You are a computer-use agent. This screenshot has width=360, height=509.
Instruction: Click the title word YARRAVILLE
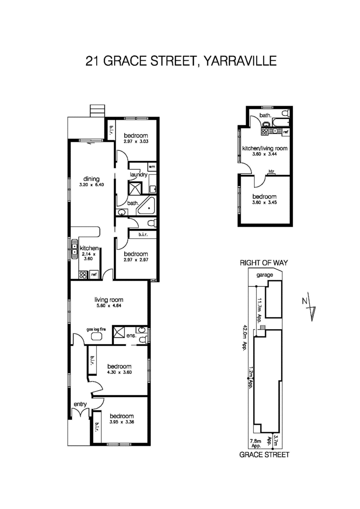click(240, 61)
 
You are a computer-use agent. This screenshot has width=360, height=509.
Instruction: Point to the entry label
click(80, 404)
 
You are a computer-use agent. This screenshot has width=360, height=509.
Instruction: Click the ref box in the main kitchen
click(94, 274)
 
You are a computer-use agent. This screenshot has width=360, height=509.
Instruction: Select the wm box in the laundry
click(152, 166)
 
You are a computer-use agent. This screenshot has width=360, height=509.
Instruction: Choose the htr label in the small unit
click(271, 171)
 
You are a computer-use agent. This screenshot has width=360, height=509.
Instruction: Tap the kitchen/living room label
click(265, 148)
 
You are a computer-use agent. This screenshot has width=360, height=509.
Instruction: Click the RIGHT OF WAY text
click(264, 263)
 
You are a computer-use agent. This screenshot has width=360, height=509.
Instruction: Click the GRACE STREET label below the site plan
click(264, 455)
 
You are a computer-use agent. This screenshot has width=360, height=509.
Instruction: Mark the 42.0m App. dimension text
click(244, 337)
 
